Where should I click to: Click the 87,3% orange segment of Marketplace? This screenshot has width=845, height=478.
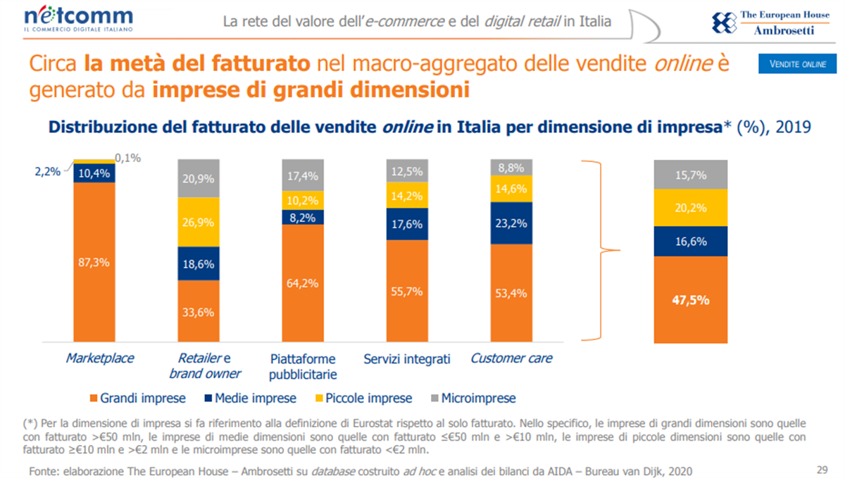(94, 263)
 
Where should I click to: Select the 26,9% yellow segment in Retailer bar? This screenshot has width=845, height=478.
(199, 222)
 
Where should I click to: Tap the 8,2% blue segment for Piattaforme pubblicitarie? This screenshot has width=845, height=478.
(303, 218)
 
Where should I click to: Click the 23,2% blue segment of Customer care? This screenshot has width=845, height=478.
(511, 223)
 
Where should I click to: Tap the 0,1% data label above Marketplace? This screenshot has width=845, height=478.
(127, 158)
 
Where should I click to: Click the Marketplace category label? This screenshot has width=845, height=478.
(99, 358)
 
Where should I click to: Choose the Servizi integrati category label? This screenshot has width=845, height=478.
(407, 359)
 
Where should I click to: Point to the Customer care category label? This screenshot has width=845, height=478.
(511, 358)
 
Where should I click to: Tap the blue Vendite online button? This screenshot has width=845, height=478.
(797, 64)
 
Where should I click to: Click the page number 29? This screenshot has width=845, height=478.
(821, 470)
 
